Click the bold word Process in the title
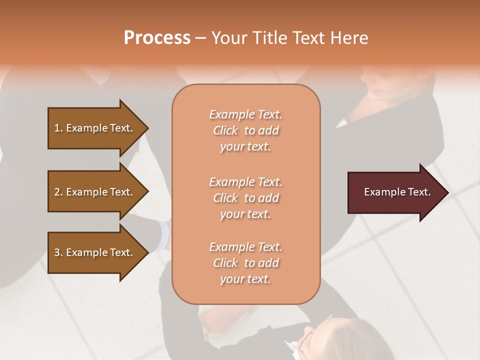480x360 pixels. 157,38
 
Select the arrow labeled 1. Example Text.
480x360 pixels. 95,128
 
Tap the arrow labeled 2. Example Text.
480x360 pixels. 95,192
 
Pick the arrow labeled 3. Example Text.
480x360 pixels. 95,252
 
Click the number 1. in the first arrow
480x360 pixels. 58,128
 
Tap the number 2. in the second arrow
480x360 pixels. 58,192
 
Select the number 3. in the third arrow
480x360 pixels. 58,252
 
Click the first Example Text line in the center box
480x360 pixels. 245,114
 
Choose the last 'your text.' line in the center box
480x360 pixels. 245,279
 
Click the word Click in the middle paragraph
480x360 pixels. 225,198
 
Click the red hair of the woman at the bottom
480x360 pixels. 340,335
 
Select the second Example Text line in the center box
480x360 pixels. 245,182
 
